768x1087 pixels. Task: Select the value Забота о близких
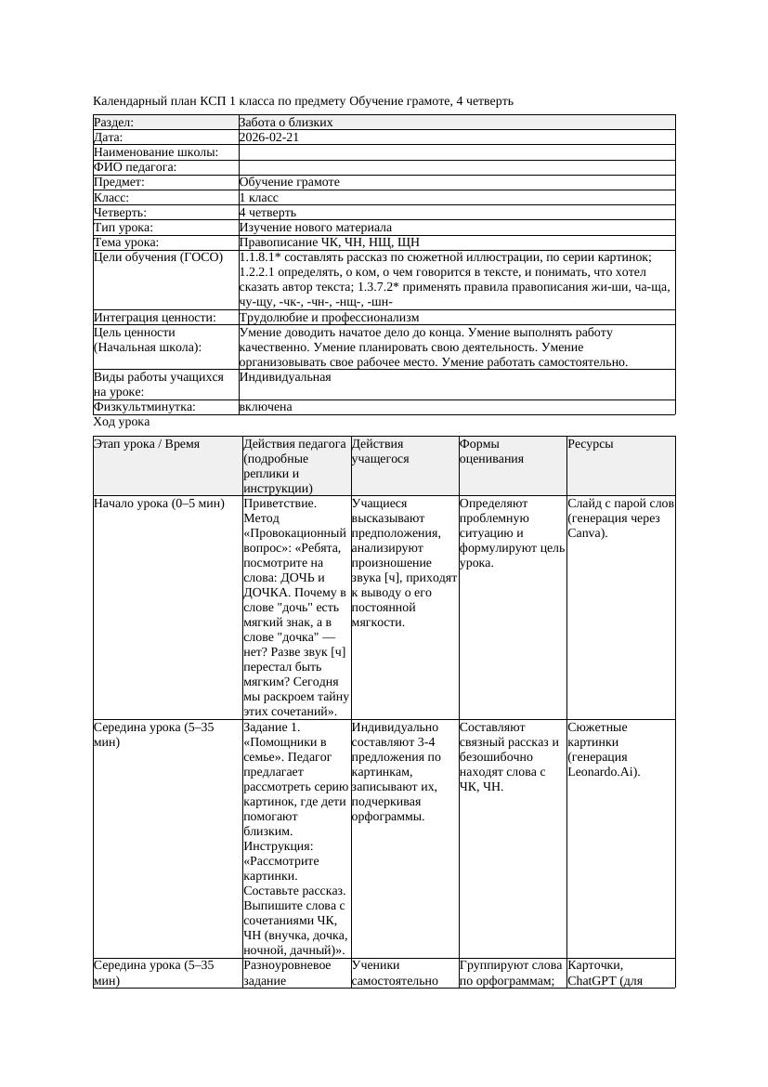point(286,123)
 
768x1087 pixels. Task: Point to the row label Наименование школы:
point(156,152)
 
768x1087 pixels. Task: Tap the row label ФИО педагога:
point(136,167)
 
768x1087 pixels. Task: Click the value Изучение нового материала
point(315,227)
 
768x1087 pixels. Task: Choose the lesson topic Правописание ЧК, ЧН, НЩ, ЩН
point(329,242)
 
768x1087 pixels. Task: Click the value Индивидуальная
point(284,377)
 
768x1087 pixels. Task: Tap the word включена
point(266,407)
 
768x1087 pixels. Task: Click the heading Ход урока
point(122,422)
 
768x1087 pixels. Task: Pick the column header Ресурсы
point(591,444)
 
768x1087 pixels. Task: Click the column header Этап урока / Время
point(147,444)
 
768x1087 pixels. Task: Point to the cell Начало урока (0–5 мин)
point(160,504)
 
